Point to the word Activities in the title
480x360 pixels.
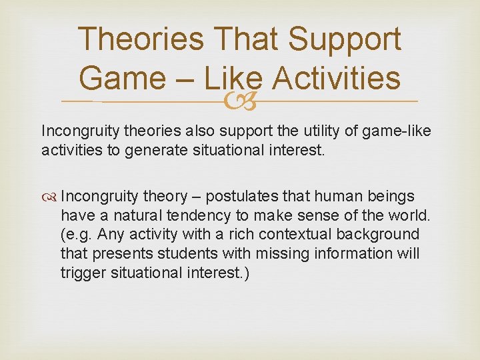[337, 78]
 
